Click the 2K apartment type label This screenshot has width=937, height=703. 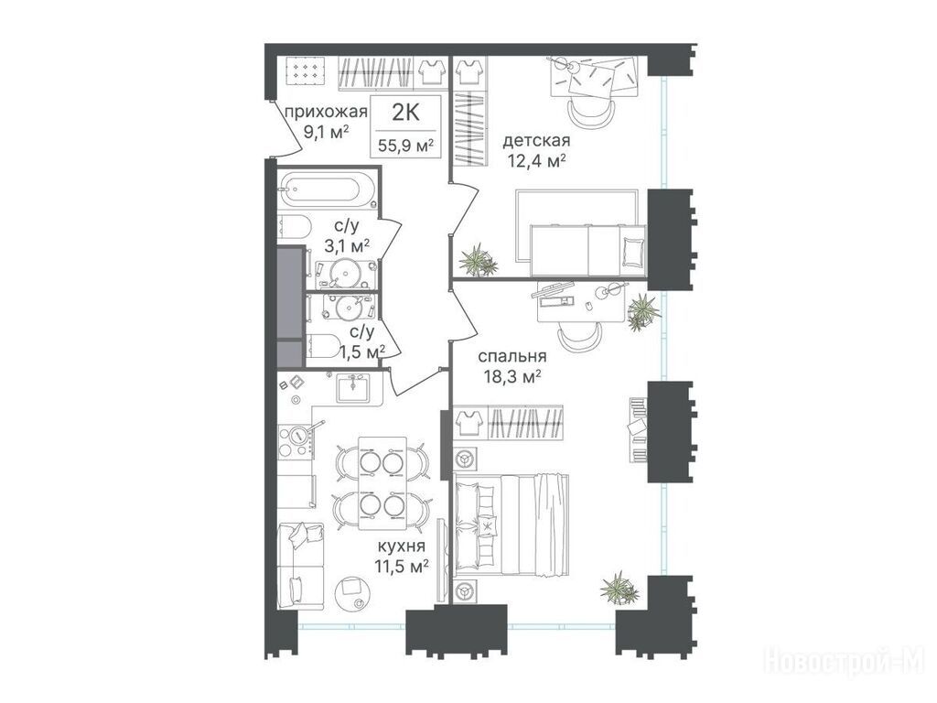pyautogui.click(x=405, y=112)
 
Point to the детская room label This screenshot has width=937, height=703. pyautogui.click(x=536, y=141)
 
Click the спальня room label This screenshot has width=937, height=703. pyautogui.click(x=512, y=357)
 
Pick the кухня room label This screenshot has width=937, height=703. pyautogui.click(x=401, y=547)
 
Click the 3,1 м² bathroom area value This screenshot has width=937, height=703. pyautogui.click(x=347, y=245)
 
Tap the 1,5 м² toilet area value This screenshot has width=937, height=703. pyautogui.click(x=362, y=352)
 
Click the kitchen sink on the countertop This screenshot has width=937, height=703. pyautogui.click(x=352, y=388)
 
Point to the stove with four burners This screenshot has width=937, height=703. pyautogui.click(x=296, y=441)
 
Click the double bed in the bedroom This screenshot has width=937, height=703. pyautogui.click(x=512, y=524)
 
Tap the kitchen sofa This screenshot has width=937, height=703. pyautogui.click(x=300, y=566)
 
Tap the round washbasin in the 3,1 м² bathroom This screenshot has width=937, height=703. pyautogui.click(x=344, y=272)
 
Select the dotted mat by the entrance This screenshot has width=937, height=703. pyautogui.click(x=306, y=71)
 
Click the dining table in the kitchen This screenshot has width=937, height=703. pyautogui.click(x=382, y=483)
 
